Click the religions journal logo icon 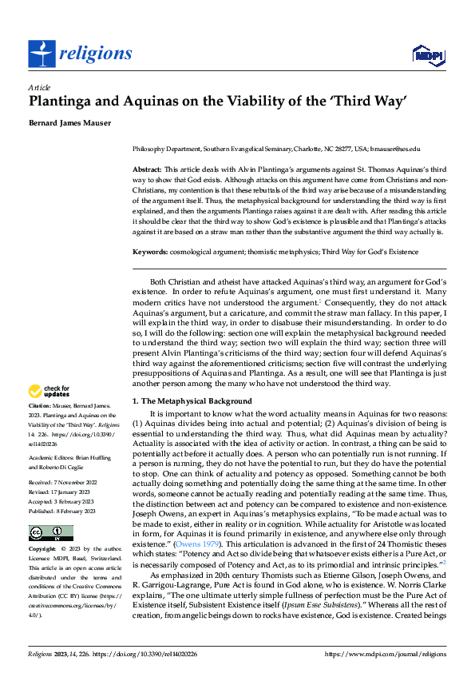(x=42, y=54)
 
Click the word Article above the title (x=39, y=87)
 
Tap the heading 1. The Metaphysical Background (x=186, y=400)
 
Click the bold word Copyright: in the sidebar (x=42, y=549)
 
